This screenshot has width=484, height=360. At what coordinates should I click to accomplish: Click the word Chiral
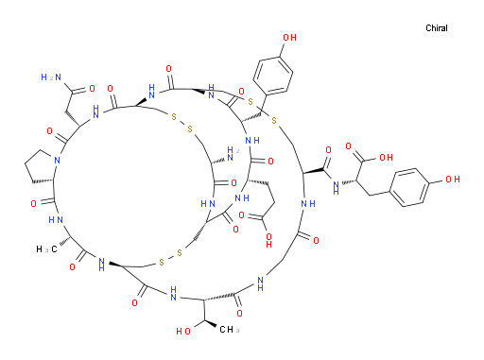click(x=437, y=28)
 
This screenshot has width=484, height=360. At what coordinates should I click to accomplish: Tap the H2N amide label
click(x=51, y=77)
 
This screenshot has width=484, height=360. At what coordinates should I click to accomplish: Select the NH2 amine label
click(x=233, y=154)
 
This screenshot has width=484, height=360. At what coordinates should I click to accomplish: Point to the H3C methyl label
click(x=46, y=249)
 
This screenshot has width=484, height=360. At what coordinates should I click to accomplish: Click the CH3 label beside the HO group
click(x=229, y=330)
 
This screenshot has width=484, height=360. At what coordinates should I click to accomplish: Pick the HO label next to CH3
click(x=183, y=331)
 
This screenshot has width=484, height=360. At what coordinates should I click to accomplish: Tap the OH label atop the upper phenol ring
click(x=289, y=38)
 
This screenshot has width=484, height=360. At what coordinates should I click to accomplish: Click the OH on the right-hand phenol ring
click(x=453, y=180)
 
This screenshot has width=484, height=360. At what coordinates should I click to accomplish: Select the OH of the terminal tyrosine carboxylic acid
click(x=386, y=157)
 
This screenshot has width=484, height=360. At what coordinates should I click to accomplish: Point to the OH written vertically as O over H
click(x=268, y=240)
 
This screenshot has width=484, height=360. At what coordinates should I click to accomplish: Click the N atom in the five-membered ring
click(x=57, y=161)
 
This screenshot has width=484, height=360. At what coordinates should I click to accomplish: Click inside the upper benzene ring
click(x=273, y=76)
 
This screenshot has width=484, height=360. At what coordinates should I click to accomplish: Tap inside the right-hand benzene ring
click(x=409, y=187)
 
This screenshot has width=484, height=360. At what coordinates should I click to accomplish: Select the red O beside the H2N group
click(x=92, y=89)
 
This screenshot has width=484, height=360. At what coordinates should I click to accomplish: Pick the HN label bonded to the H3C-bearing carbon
click(x=56, y=220)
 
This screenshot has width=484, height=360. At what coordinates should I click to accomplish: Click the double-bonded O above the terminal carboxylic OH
click(x=348, y=146)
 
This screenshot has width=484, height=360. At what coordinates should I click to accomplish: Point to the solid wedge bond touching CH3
click(x=210, y=323)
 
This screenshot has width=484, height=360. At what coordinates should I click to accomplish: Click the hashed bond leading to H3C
click(x=64, y=242)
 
